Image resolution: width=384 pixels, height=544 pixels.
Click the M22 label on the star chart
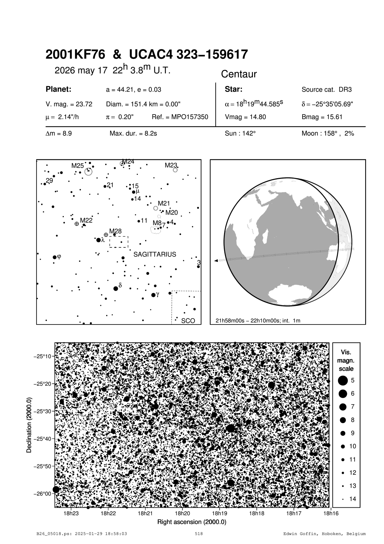coord(86,220)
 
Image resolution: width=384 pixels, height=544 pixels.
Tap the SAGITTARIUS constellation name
coord(155,254)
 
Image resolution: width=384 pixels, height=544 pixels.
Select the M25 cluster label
coord(77,165)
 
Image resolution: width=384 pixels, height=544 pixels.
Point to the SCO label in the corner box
coord(188,321)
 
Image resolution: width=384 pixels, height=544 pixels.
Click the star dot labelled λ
coord(99,240)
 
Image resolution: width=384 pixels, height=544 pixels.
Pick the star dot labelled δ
coord(116,288)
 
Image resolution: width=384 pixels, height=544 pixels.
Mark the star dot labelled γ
coord(153,295)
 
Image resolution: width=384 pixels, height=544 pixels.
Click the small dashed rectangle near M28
coord(119,242)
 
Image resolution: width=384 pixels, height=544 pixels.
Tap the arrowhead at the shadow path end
coord(216,261)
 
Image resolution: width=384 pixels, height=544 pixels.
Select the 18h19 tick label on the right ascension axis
coord(219,514)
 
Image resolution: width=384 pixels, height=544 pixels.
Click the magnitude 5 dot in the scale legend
coord(342,380)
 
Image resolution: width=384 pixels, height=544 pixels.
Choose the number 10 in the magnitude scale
coord(353,446)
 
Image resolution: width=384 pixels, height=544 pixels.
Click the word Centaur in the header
coord(239,74)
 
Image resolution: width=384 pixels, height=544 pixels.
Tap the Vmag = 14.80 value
coord(245,117)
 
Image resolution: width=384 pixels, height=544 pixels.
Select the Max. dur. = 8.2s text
coord(133,134)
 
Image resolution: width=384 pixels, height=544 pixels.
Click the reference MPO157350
coord(180,117)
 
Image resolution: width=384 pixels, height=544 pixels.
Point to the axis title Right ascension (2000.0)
coord(192,522)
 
